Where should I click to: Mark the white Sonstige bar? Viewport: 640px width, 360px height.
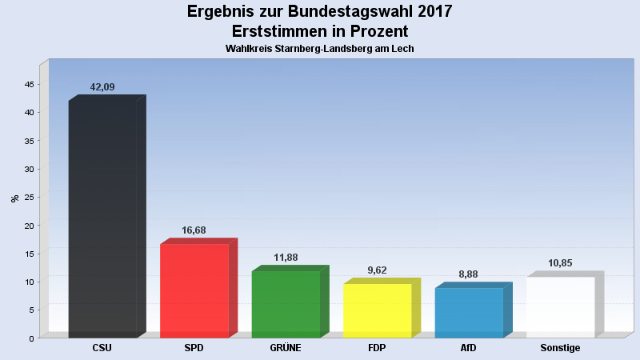560,307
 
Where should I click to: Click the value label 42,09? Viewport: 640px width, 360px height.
103,87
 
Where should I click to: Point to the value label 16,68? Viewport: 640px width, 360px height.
194,230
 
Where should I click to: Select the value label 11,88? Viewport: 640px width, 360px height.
286,258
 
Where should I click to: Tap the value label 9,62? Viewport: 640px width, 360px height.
377,270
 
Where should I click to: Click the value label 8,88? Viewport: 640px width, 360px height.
469,274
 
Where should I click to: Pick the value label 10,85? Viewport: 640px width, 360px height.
560,263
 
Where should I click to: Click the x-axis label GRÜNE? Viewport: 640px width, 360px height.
286,348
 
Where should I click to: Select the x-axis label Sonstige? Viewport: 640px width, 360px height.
560,348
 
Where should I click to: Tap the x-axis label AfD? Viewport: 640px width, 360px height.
469,348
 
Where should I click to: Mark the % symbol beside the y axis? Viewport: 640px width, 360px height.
14,198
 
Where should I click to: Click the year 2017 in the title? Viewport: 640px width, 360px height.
434,11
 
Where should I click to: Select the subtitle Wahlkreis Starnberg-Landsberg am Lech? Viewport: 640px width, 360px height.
320,49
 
